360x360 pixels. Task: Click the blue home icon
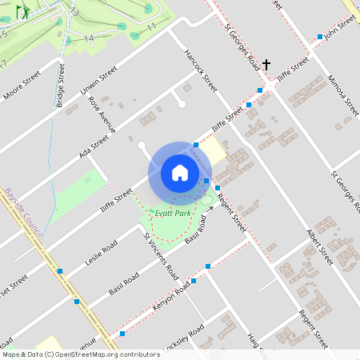click(180, 173)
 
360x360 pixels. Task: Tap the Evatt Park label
click(174, 214)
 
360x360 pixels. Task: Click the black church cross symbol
click(266, 65)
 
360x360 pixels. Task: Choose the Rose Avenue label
click(102, 114)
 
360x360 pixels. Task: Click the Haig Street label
click(256, 342)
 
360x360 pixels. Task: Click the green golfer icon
click(22, 12)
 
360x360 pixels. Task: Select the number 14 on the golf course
click(88, 38)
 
